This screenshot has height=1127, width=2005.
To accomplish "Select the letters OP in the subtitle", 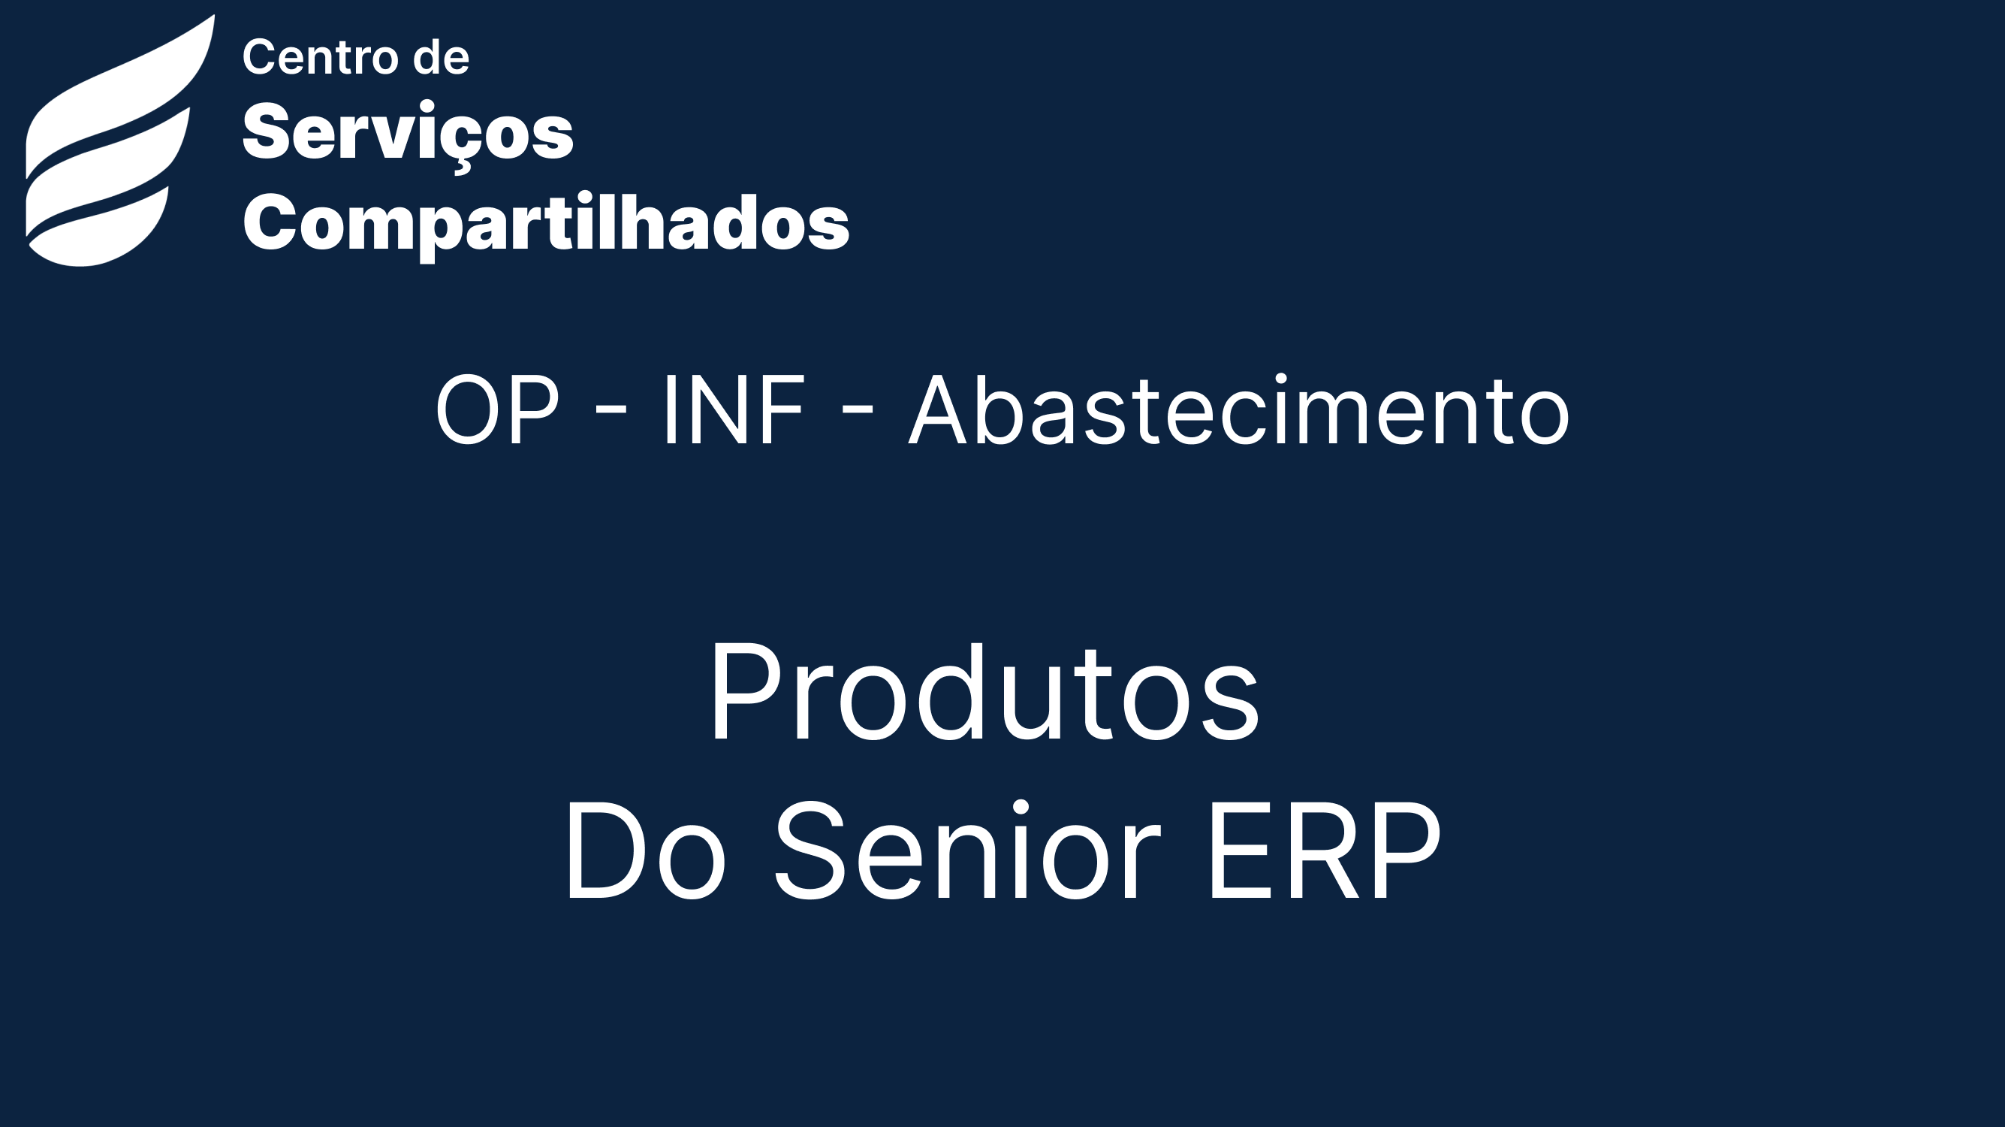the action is click(x=497, y=410).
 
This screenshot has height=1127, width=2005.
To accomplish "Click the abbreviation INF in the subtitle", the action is click(x=733, y=410).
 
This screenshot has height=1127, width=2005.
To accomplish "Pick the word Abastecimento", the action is click(x=1239, y=410).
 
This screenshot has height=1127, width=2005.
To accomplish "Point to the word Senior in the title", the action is click(x=967, y=851).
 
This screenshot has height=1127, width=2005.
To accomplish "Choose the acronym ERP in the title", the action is click(x=1324, y=852).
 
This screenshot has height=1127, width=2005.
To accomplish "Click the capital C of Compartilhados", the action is click(x=268, y=221).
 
